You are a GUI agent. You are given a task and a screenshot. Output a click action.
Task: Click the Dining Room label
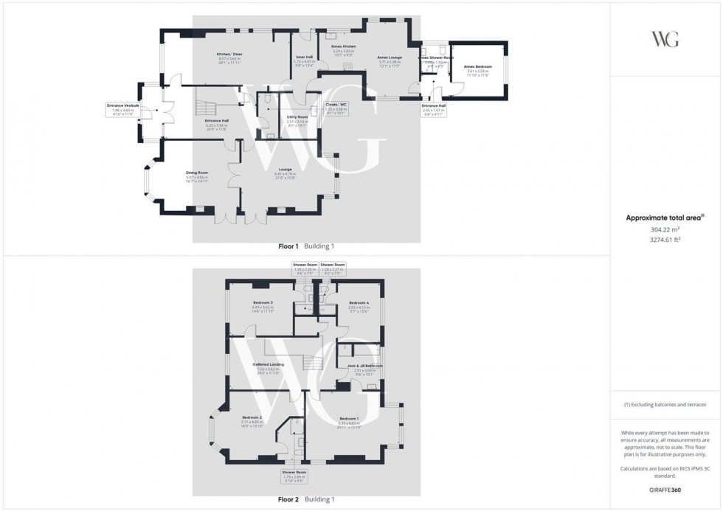pyautogui.click(x=197, y=173)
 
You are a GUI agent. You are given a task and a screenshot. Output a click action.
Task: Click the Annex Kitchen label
pyautogui.click(x=343, y=46)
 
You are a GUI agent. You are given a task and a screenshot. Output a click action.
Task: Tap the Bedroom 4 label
pyautogui.click(x=359, y=303)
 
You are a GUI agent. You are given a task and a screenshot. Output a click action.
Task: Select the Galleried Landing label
pyautogui.click(x=268, y=364)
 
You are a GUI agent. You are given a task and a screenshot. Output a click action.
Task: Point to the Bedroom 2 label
pyautogui.click(x=250, y=417)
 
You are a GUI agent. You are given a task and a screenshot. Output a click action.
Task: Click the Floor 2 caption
pyautogui.click(x=288, y=499)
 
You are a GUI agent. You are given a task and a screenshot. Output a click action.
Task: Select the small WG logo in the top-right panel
pyautogui.click(x=665, y=39)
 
